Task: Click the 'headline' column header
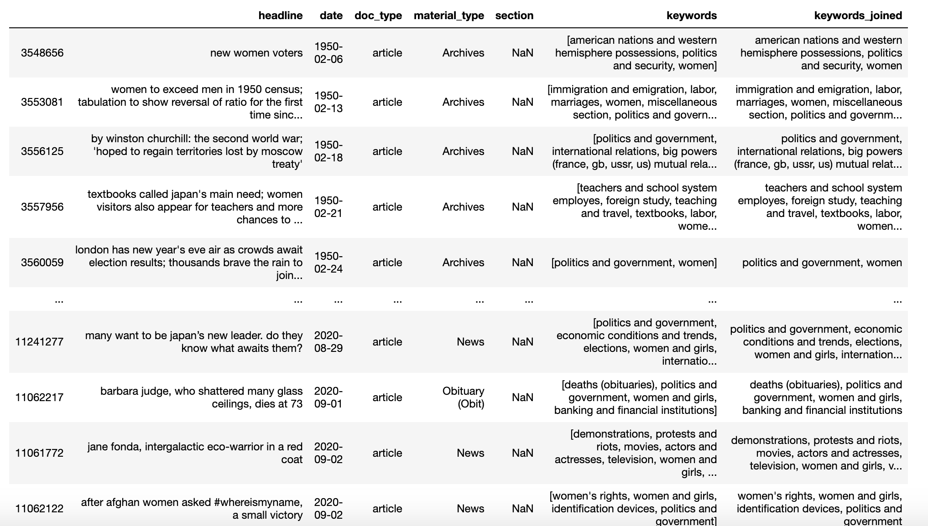[280, 15]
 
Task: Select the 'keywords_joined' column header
[858, 15]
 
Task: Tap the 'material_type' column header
[448, 15]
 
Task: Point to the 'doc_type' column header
[378, 15]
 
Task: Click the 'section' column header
[514, 15]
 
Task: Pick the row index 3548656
[42, 53]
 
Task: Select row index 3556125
[42, 151]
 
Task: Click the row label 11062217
[39, 397]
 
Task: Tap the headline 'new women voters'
[256, 53]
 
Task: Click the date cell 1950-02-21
[328, 207]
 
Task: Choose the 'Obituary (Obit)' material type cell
[463, 397]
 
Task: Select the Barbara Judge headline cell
[201, 397]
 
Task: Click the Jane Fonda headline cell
[195, 453]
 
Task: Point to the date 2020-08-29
[328, 342]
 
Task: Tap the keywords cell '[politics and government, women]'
[634, 263]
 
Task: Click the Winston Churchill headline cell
[197, 151]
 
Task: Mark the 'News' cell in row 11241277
[470, 342]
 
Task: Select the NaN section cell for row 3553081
[522, 102]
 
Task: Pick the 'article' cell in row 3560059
[387, 263]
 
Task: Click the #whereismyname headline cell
[192, 509]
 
